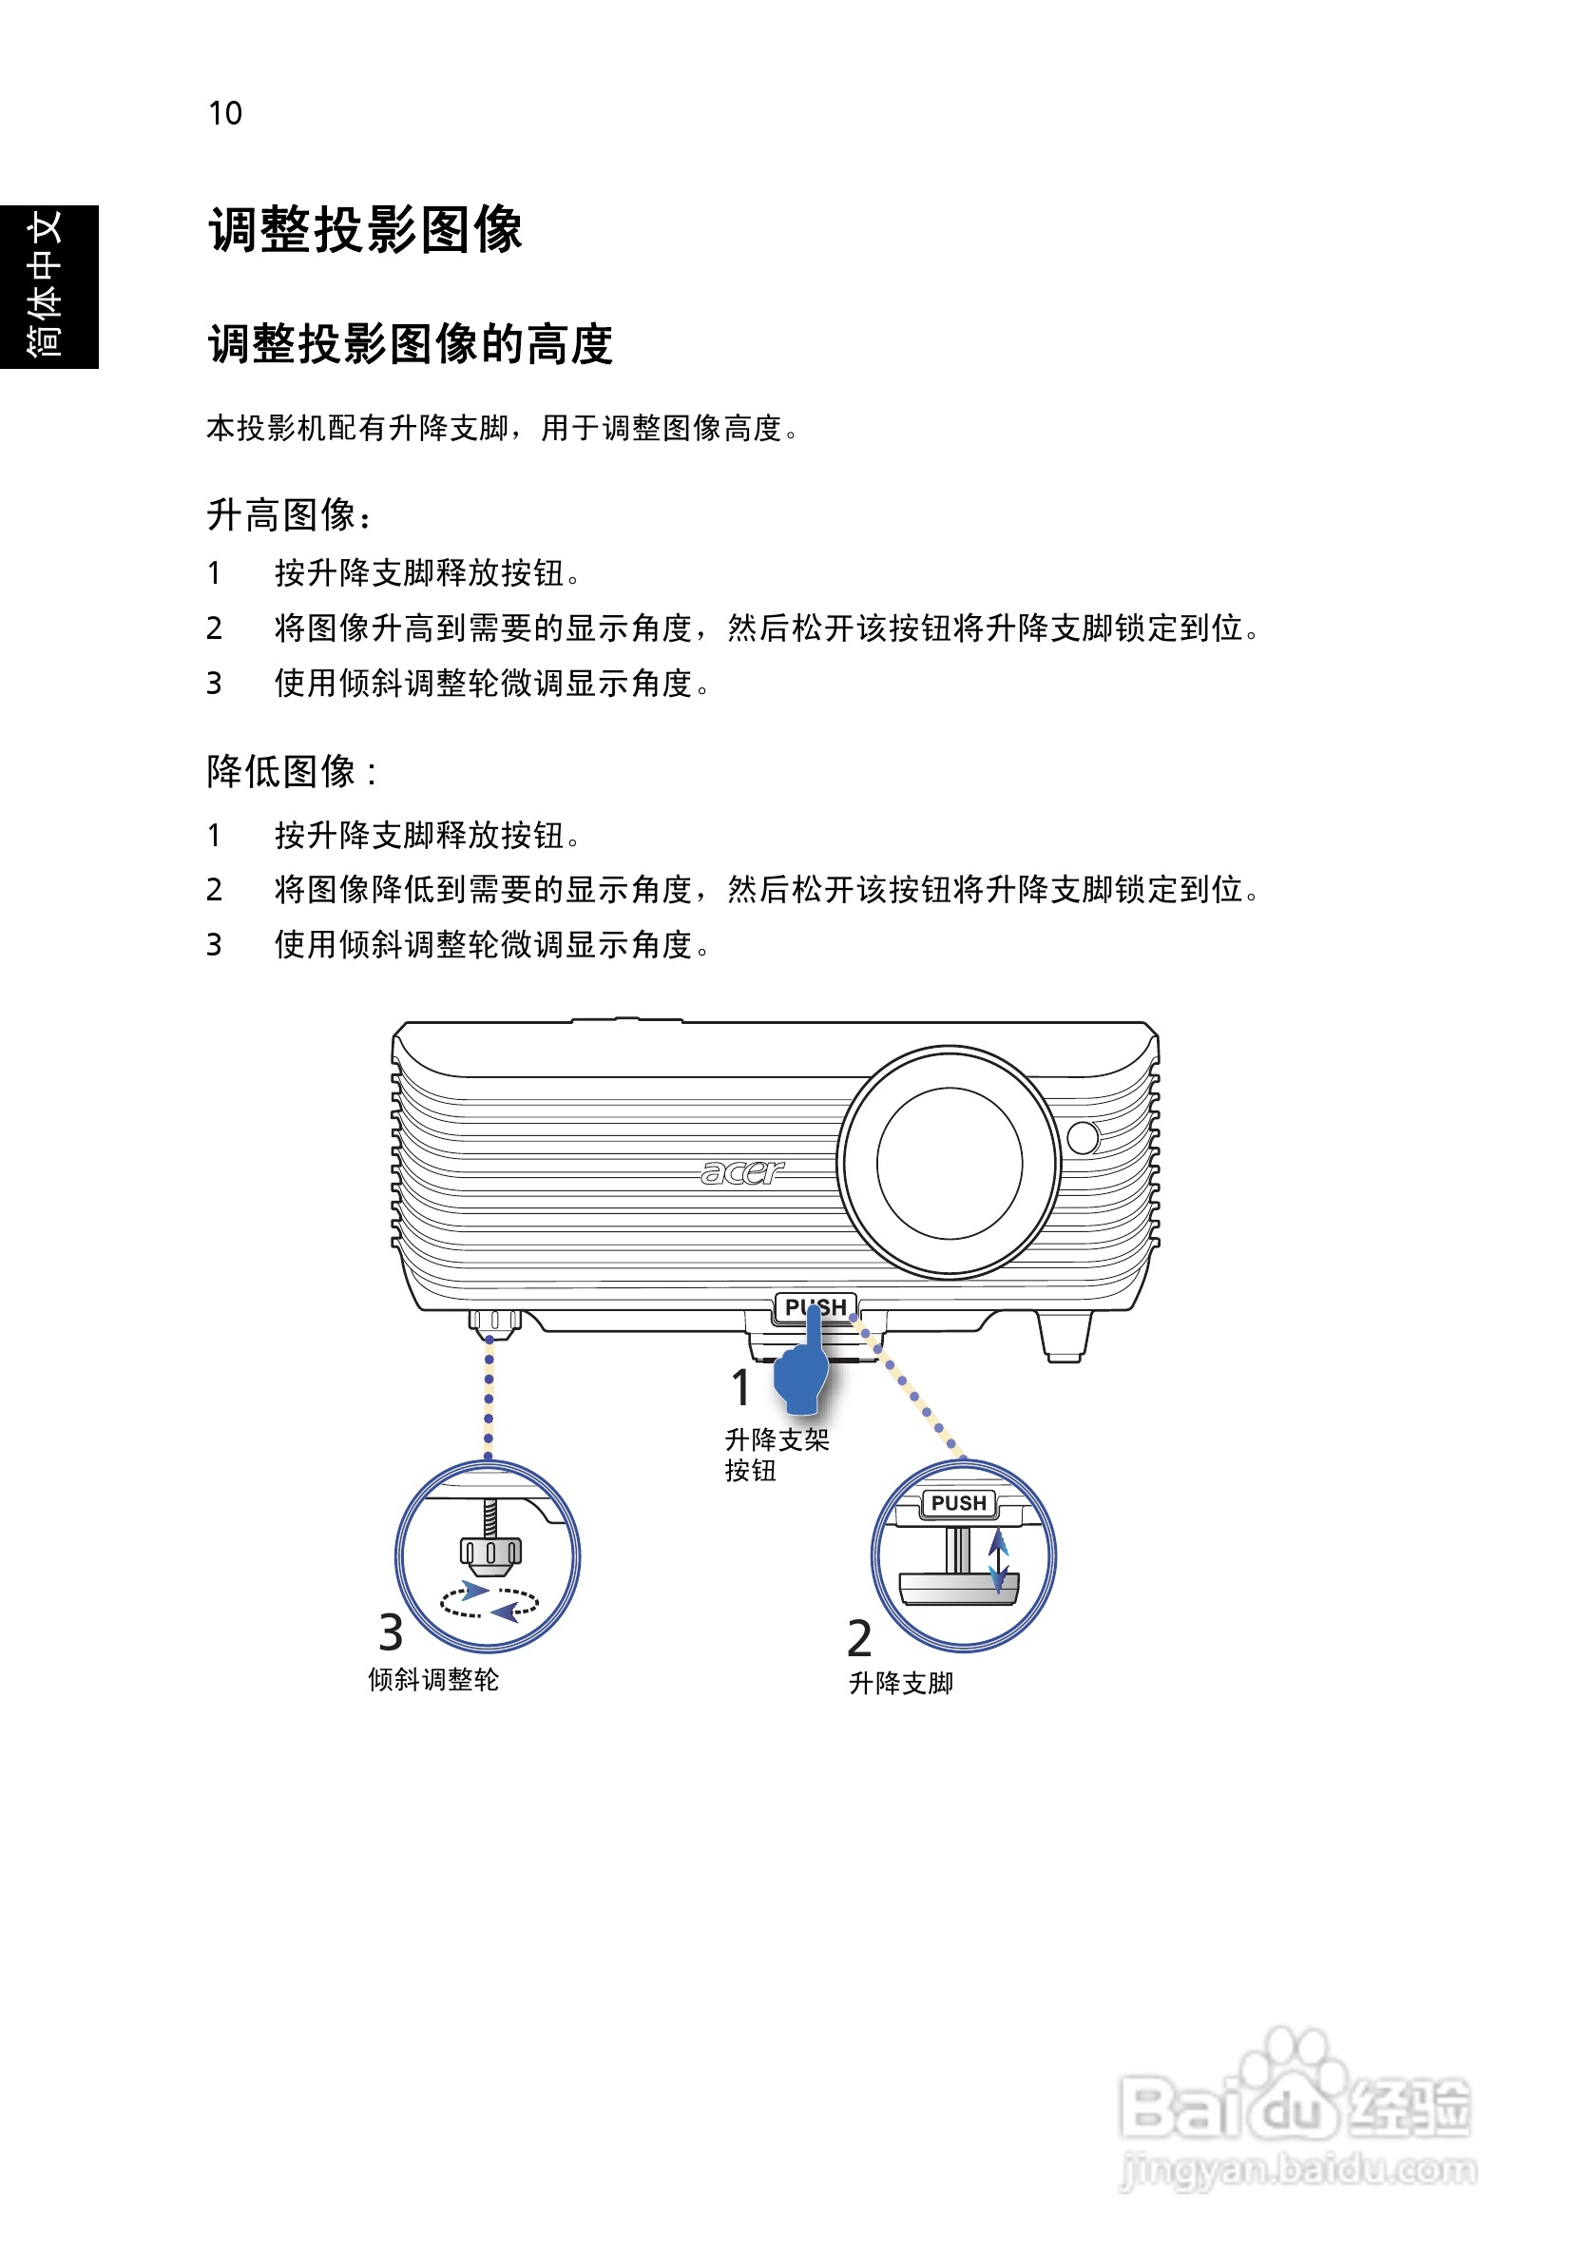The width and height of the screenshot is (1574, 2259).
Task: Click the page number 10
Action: [224, 113]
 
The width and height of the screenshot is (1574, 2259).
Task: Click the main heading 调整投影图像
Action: [365, 230]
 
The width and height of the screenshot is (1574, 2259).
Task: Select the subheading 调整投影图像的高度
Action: [411, 344]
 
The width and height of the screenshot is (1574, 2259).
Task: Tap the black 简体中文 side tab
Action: [48, 286]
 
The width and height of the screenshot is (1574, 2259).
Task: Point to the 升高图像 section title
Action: [287, 514]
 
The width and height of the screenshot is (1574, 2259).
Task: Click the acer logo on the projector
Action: [741, 1171]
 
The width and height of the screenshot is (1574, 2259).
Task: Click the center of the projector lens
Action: [949, 1163]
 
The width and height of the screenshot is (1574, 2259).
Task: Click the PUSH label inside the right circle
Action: [957, 1503]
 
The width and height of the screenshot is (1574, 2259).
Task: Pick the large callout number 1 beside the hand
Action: [740, 1388]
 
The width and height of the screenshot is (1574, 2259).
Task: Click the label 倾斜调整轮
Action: [432, 1679]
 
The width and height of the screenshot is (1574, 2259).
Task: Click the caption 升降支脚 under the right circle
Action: [900, 1683]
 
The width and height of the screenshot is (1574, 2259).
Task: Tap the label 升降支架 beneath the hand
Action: [777, 1440]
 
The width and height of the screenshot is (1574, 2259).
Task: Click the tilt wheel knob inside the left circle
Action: [489, 1552]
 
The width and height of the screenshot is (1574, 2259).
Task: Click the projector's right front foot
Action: [1064, 1336]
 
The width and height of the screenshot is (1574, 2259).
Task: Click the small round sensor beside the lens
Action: [1082, 1137]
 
